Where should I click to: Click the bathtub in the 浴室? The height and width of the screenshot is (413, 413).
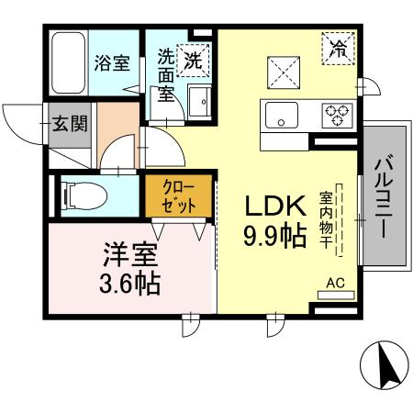[x=67, y=62]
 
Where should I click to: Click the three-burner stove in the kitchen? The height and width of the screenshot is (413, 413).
[x=337, y=115]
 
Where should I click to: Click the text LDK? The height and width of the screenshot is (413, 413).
[x=273, y=206]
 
